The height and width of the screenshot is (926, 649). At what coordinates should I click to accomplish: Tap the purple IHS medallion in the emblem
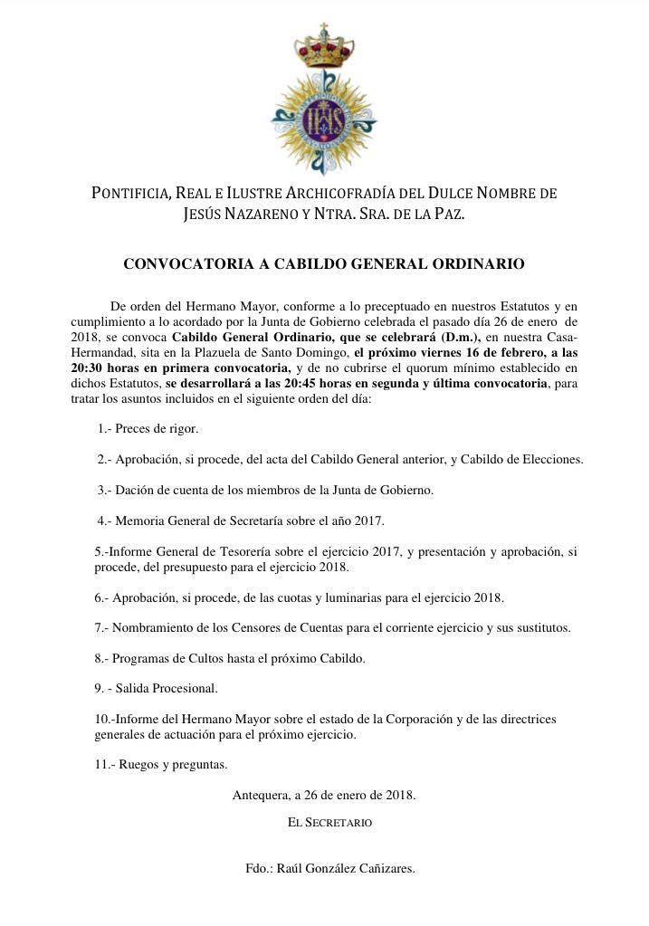(324, 121)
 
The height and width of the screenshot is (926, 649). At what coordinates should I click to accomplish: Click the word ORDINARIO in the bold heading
(479, 265)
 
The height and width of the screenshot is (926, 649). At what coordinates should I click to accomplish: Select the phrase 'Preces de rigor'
(157, 427)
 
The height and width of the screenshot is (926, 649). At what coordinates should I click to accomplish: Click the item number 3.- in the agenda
(105, 490)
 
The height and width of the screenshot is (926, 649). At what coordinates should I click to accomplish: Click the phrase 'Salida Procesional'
(166, 688)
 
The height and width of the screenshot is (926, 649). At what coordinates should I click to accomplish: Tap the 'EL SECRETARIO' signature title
(329, 823)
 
